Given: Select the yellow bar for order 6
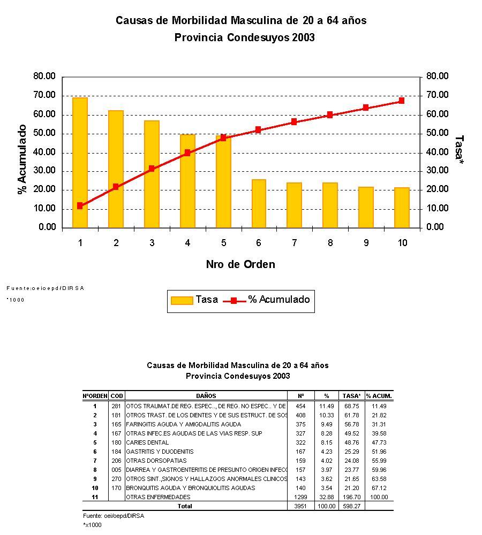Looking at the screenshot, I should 259,203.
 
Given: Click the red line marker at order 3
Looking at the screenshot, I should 152,169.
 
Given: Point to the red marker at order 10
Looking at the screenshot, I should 402,101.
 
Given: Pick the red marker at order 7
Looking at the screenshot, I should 294,122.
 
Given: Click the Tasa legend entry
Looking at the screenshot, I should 194,300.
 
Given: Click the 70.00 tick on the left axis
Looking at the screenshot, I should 44,95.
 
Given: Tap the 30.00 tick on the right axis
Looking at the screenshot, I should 437,171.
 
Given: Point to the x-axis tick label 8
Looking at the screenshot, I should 330,243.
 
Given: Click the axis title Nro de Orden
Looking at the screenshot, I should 240,264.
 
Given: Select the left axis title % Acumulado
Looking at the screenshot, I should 22,159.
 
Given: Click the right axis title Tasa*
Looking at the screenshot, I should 458,147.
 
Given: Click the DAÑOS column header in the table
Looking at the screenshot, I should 206,396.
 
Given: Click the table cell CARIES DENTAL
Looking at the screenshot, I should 147,442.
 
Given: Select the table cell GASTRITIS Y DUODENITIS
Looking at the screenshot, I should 160,452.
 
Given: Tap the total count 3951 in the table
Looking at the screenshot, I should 300,506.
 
